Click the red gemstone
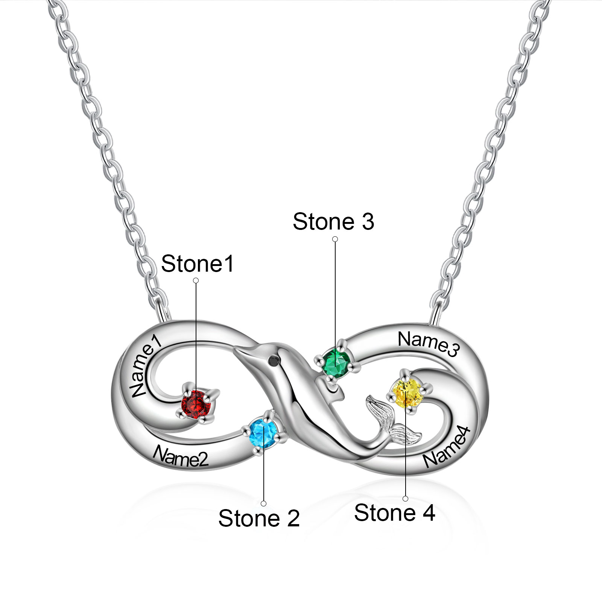coord(196,404)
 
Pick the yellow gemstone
coord(406,394)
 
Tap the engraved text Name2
coord(180,456)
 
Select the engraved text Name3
coord(429,343)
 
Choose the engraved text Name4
coord(447,448)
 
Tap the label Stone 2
coord(259,518)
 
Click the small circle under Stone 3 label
coord(335,239)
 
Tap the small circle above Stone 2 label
coord(264,503)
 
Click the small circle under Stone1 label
coord(196,280)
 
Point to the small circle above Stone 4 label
coord(405,499)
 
